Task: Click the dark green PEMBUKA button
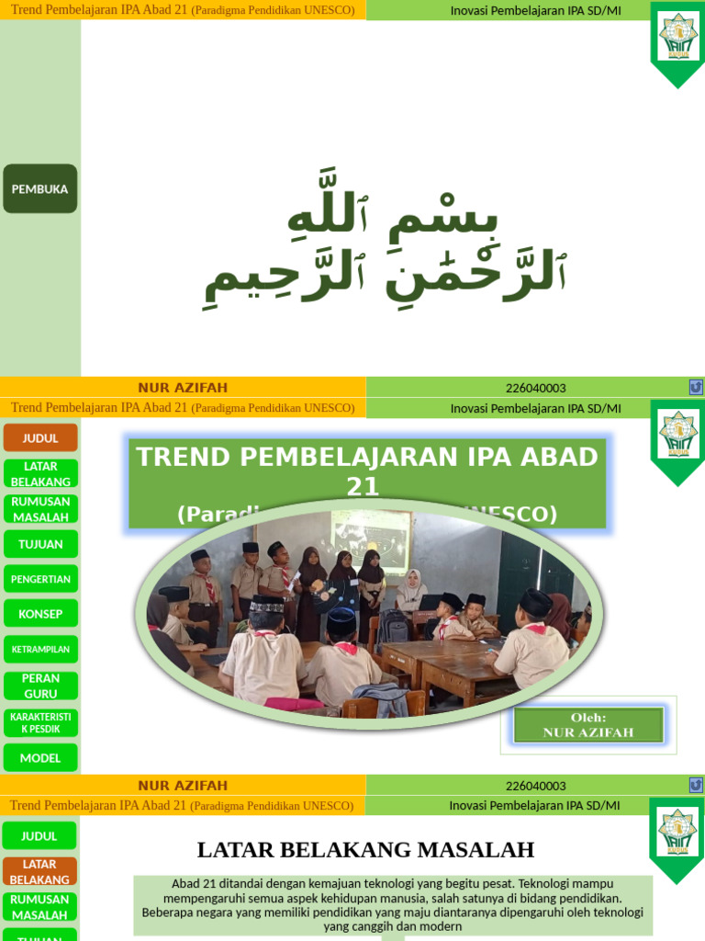pyautogui.click(x=39, y=188)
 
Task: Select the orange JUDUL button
pyautogui.click(x=39, y=437)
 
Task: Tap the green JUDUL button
pyautogui.click(x=39, y=835)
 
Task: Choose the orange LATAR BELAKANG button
pyautogui.click(x=39, y=871)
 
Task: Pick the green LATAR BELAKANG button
pyautogui.click(x=39, y=473)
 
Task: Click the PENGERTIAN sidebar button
pyautogui.click(x=39, y=579)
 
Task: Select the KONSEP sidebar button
pyautogui.click(x=39, y=614)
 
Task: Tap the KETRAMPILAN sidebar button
pyautogui.click(x=39, y=650)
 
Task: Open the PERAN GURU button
pyautogui.click(x=39, y=686)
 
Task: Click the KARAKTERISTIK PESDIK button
pyautogui.click(x=39, y=721)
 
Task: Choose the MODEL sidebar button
pyautogui.click(x=39, y=757)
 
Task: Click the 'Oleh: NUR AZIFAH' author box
pyautogui.click(x=587, y=725)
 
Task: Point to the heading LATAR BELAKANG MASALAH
pyautogui.click(x=365, y=849)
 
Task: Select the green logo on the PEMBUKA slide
pyautogui.click(x=677, y=41)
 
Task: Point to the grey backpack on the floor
pyautogui.click(x=382, y=698)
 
